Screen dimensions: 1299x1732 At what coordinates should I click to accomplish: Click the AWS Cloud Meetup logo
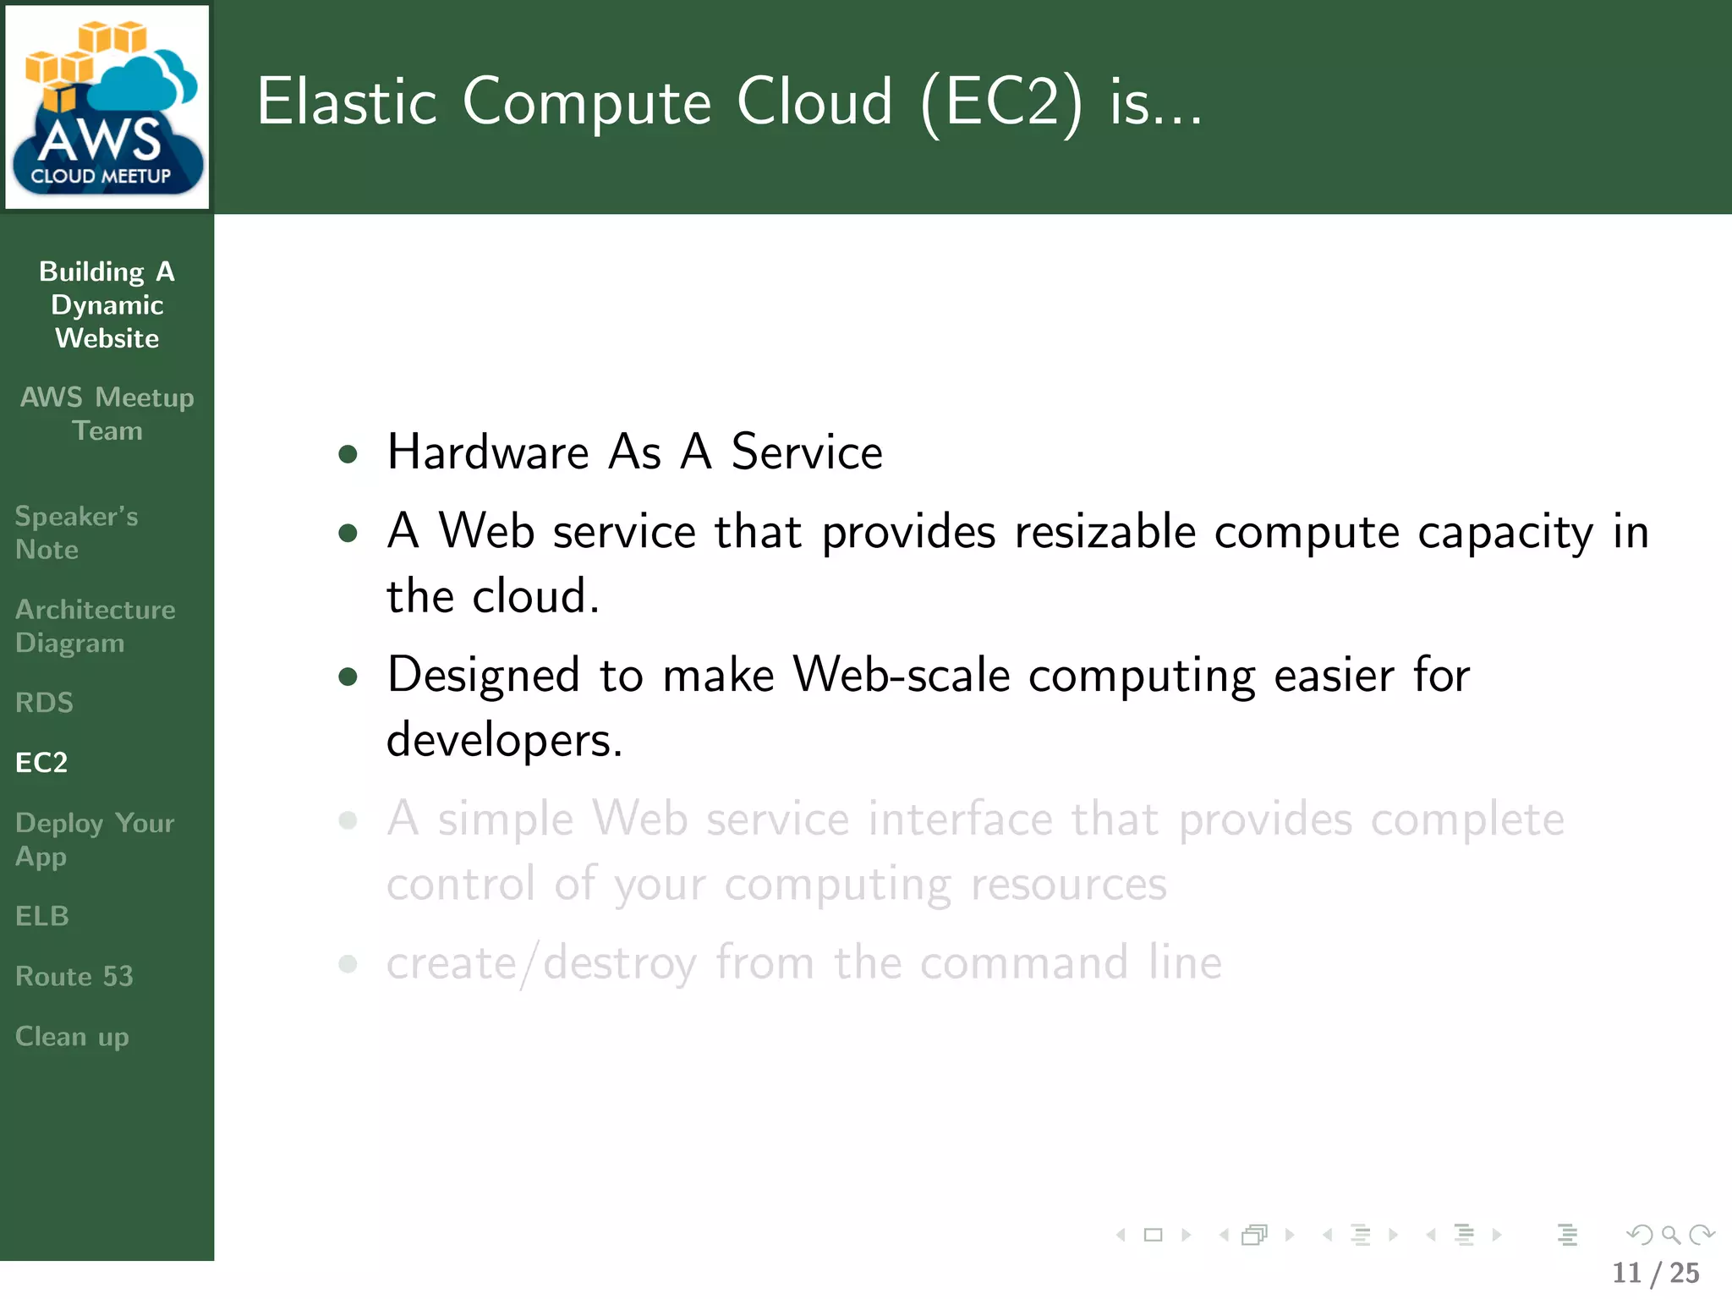(107, 107)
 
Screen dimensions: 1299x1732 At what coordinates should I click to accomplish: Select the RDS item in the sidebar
(44, 703)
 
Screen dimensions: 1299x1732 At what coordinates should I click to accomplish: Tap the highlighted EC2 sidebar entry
(41, 763)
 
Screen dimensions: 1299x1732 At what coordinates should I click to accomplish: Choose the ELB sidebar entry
(42, 916)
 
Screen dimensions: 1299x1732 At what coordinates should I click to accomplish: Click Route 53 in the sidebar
(74, 976)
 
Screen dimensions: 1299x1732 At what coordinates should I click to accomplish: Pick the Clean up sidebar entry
(72, 1037)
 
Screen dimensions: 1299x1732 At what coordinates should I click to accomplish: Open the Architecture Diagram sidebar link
(95, 626)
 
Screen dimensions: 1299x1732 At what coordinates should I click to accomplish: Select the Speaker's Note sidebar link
(76, 533)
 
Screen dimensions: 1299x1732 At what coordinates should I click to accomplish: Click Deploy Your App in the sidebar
(94, 839)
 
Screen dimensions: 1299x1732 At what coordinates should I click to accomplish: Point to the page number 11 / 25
(1655, 1273)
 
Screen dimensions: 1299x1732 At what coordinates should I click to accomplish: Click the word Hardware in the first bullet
(488, 452)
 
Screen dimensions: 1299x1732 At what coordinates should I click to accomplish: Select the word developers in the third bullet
(504, 740)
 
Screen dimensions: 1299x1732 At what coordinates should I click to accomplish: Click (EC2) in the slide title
(1001, 102)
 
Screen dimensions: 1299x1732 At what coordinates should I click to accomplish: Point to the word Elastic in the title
(347, 102)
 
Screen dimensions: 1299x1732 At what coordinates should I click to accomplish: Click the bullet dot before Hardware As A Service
(348, 455)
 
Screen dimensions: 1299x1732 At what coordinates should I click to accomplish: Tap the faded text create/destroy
(541, 963)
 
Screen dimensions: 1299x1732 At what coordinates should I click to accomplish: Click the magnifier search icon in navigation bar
(1670, 1235)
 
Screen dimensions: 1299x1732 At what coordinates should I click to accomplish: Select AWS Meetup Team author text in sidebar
(107, 414)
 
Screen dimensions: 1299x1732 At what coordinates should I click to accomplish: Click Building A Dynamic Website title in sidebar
(107, 304)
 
